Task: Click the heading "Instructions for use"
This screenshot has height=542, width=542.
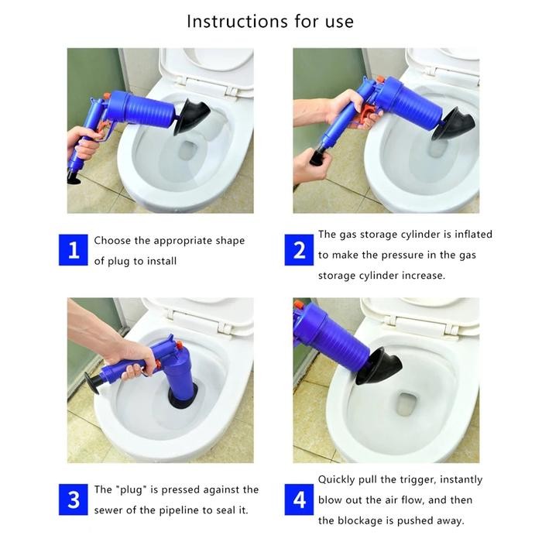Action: [269, 21]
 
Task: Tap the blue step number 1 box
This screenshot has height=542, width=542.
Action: [74, 250]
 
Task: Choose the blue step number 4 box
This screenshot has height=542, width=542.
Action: [299, 500]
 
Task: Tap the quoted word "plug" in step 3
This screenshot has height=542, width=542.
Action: [129, 490]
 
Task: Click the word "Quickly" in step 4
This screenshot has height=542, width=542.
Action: [338, 480]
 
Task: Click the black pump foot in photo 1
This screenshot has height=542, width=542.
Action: [74, 177]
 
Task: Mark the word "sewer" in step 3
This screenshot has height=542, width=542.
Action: [110, 510]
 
